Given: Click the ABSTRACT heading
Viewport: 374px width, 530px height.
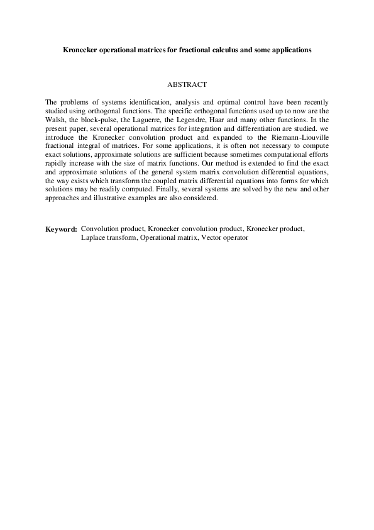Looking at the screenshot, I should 187,83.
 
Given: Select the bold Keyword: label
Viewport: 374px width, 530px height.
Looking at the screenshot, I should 61,229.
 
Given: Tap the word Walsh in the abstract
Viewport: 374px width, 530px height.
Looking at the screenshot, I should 55,118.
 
